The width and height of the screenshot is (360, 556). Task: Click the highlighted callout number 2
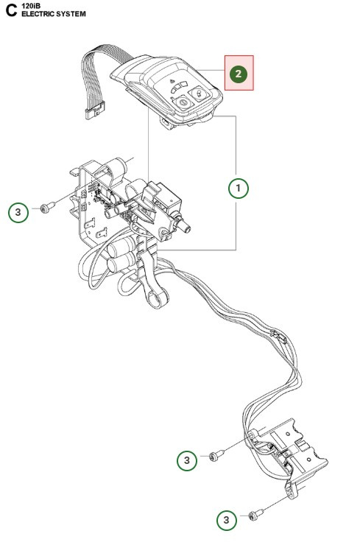[x=238, y=74]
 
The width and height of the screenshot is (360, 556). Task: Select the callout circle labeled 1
[x=238, y=188]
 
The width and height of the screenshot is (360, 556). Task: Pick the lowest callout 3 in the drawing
[x=227, y=520]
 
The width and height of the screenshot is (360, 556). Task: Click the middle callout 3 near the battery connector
[x=188, y=460]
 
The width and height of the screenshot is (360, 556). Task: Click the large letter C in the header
[x=10, y=10]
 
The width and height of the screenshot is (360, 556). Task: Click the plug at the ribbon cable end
[x=93, y=113]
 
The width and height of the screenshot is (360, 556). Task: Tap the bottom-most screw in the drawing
[x=255, y=516]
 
